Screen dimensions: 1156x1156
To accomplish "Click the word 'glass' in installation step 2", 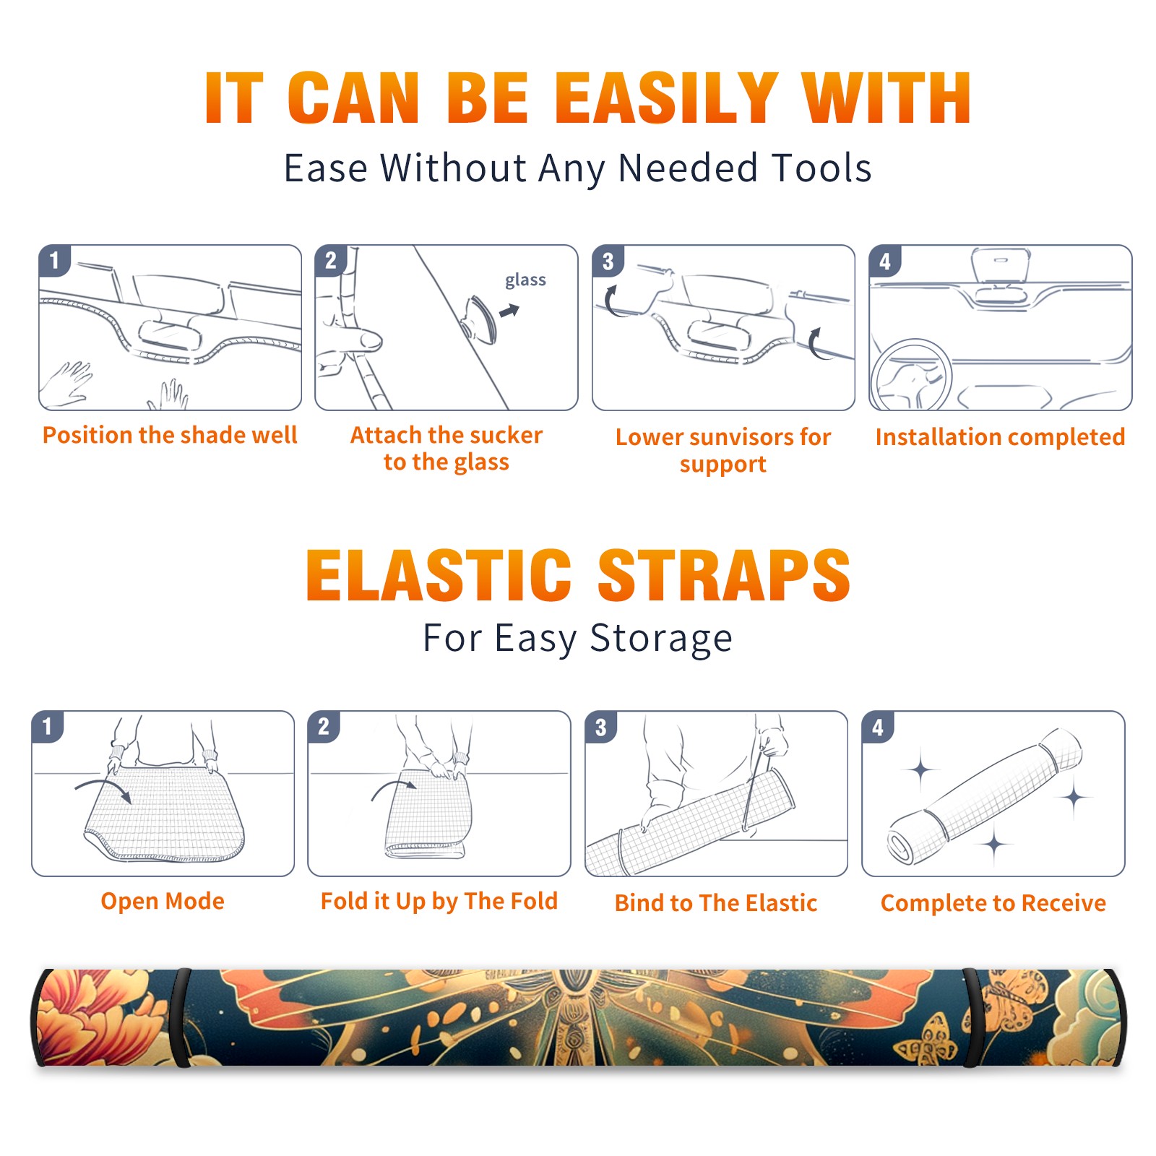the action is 525,280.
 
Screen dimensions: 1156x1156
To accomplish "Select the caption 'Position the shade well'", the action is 170,435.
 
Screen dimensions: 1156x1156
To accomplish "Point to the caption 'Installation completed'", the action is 1000,436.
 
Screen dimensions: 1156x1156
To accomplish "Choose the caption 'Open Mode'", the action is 163,901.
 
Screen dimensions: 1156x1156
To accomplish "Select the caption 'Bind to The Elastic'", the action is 716,902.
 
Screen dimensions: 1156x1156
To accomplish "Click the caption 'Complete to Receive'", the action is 993,902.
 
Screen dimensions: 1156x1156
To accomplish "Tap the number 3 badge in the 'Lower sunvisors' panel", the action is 608,261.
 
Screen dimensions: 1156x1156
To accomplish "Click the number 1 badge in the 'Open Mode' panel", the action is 47,726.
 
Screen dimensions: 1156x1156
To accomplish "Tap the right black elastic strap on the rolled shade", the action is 972,1018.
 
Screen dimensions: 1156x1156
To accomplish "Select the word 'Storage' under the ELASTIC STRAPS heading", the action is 661,639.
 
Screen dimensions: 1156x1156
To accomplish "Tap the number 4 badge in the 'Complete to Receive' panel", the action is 878,726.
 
